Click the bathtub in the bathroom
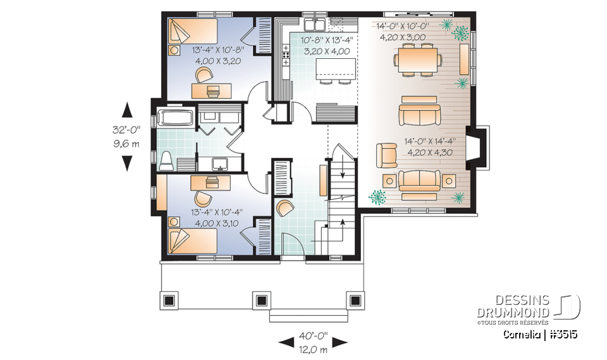pos(174,118)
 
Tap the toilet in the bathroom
pos(166,161)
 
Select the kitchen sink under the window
pos(314,25)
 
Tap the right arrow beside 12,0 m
pos(340,342)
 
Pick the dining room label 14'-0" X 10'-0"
pos(403,27)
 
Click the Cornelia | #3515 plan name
pos(540,333)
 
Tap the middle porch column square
pos(261,300)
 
